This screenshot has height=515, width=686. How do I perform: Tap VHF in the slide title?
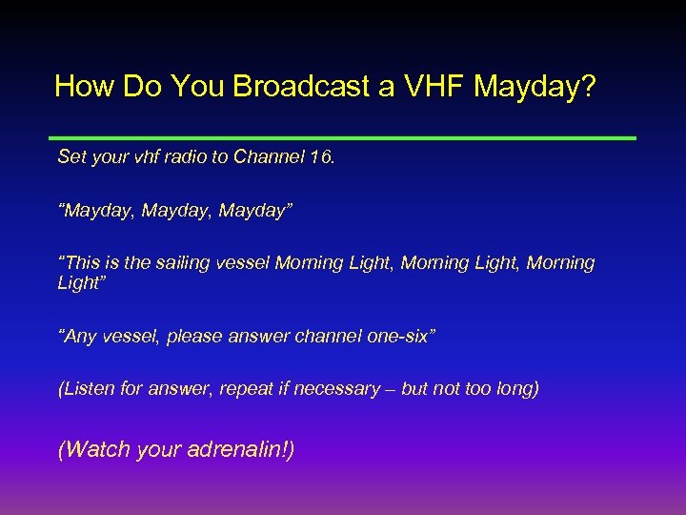(x=427, y=87)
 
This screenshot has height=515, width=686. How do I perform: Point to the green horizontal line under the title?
(x=343, y=138)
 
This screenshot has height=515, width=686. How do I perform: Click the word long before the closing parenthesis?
(x=514, y=389)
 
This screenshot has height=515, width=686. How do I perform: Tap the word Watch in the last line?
(x=97, y=449)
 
